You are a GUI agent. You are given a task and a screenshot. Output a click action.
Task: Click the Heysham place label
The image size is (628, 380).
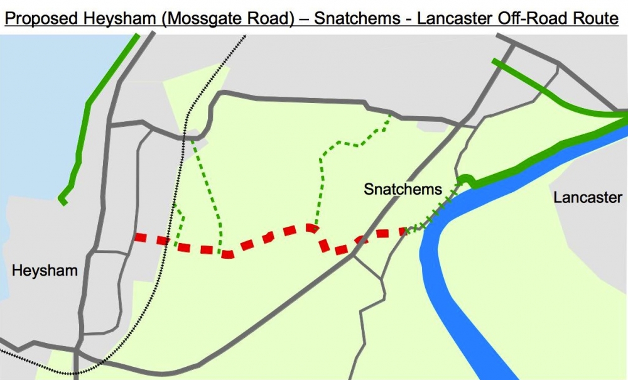pos(45,271)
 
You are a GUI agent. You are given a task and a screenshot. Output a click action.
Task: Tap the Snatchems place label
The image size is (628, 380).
pos(403,189)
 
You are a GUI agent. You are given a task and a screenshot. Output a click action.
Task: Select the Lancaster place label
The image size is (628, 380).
pos(588,197)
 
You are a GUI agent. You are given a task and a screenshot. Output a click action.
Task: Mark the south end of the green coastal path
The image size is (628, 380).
pos(62,201)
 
